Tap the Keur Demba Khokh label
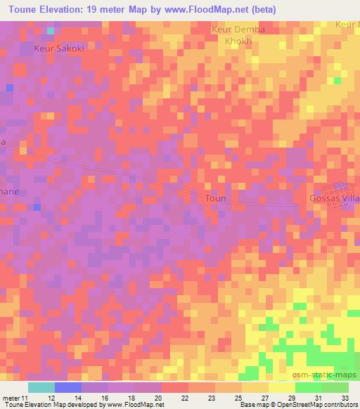[232, 35]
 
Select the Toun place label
[216, 199]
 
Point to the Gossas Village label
[334, 200]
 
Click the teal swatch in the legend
[41, 387]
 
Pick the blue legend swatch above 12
[68, 387]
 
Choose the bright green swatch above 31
[309, 387]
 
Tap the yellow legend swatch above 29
[282, 387]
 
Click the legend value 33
[345, 398]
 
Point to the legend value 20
[159, 398]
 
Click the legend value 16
[105, 398]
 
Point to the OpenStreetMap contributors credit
[314, 405]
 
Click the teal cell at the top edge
[50, 31]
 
